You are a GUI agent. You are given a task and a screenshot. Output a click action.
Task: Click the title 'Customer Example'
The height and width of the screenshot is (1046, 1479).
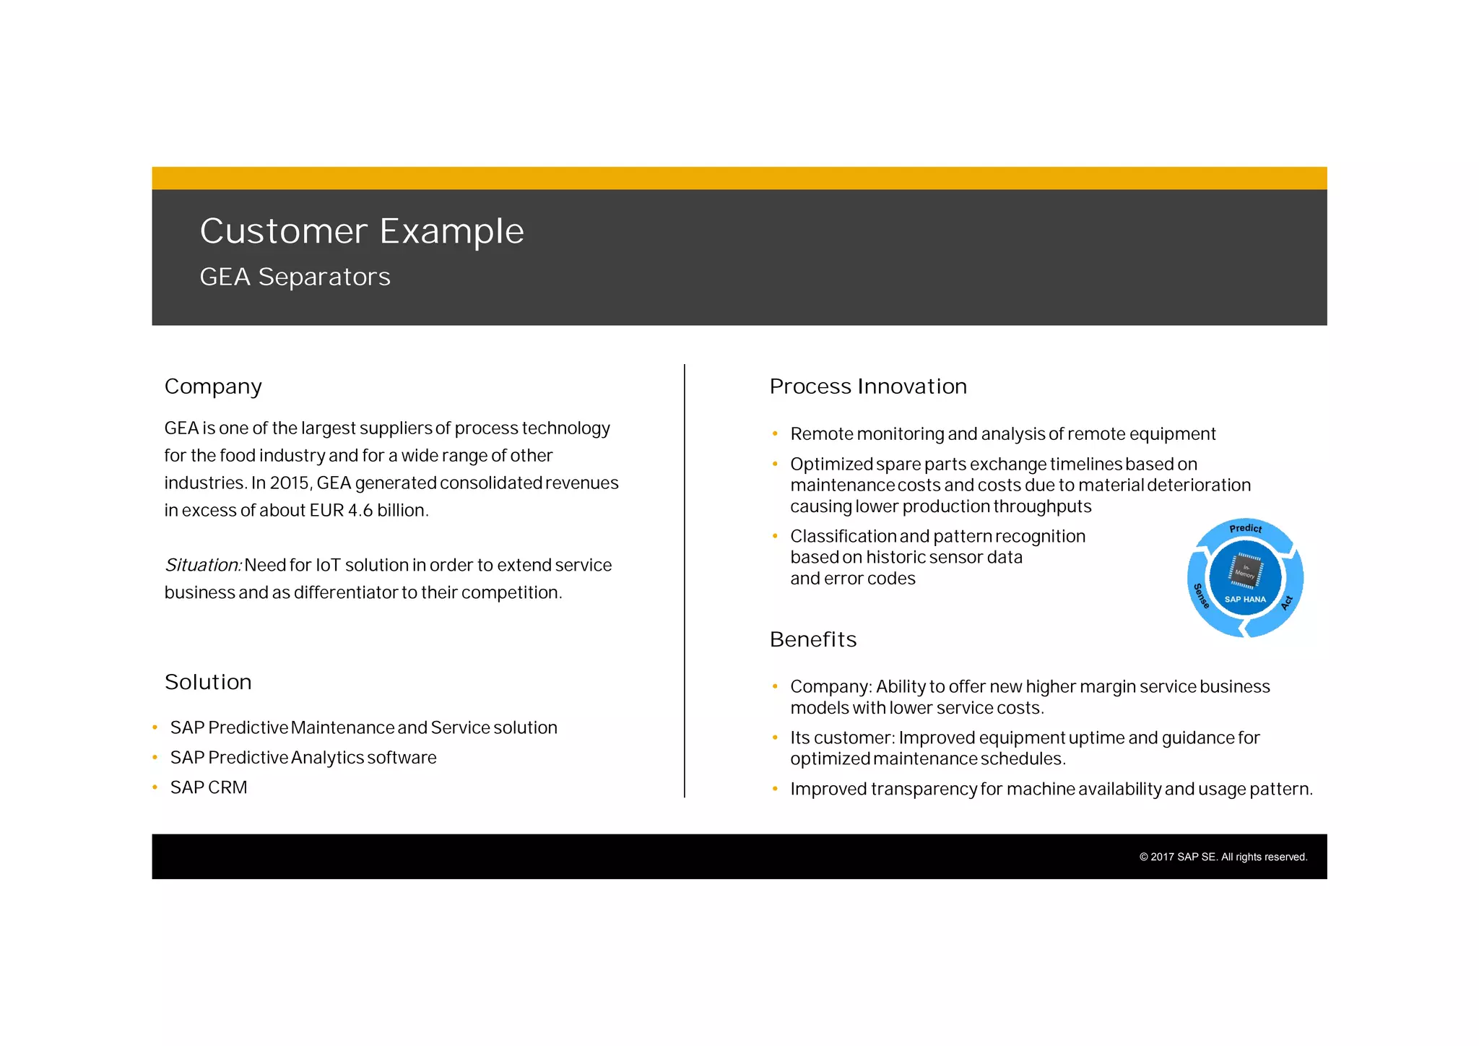[x=361, y=231]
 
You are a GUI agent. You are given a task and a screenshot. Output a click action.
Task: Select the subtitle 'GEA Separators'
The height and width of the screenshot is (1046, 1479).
[x=295, y=277]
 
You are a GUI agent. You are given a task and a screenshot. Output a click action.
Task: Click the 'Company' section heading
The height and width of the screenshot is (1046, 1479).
[x=213, y=386]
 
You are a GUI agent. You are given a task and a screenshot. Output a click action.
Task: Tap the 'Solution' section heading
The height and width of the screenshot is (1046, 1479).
[x=208, y=682]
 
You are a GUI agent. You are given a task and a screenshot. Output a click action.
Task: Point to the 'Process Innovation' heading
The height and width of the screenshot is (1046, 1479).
[x=868, y=386]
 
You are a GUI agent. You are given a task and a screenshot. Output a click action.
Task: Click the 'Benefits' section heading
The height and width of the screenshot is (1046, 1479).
[x=813, y=639]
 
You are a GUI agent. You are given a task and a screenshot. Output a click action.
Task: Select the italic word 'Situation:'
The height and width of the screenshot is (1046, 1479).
[x=203, y=565]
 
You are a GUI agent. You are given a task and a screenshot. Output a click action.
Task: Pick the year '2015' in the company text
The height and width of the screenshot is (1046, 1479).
[x=290, y=483]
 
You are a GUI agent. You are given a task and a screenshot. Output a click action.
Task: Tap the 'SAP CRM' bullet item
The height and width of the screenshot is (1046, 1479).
[x=209, y=787]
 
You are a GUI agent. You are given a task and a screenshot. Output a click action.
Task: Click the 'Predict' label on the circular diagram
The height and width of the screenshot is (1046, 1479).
[x=1246, y=528]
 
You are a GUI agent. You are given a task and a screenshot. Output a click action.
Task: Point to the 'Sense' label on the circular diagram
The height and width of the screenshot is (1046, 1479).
[x=1200, y=596]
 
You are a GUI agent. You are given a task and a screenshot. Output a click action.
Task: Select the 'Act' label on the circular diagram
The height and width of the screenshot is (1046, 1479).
[x=1287, y=602]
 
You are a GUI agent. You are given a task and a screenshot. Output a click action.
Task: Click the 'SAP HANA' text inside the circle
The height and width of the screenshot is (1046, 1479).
[x=1245, y=599]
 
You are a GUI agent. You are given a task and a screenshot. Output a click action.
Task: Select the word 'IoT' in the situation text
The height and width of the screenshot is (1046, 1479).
[x=328, y=565]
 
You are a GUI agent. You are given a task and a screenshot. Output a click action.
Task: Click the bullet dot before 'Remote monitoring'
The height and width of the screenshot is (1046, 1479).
[x=775, y=434]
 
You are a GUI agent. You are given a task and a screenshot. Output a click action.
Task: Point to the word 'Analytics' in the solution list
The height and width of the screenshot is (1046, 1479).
[x=327, y=758]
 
